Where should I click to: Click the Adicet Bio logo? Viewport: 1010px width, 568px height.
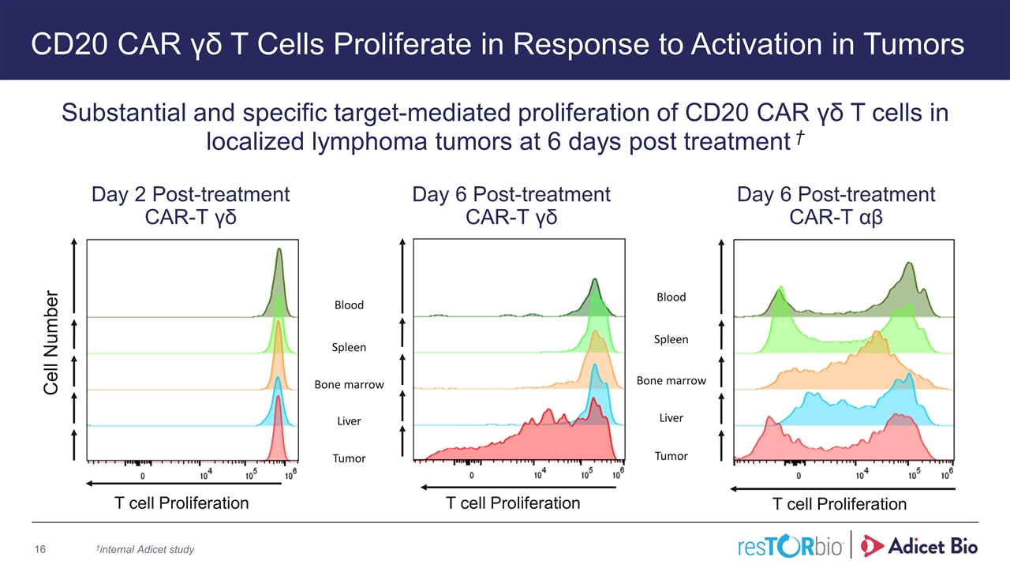[922, 545]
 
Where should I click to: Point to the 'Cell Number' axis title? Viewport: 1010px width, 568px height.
[51, 342]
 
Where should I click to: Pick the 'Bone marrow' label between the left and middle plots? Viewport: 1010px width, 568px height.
[349, 385]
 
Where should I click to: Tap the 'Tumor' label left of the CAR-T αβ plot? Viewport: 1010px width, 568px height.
[671, 456]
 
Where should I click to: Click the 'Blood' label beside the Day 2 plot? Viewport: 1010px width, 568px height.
[349, 305]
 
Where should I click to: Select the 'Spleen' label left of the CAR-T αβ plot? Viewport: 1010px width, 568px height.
[671, 340]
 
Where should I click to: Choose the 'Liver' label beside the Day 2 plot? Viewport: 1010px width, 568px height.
[349, 421]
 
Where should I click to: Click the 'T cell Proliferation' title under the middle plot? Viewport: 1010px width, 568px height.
[513, 503]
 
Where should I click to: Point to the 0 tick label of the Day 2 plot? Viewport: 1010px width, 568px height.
[143, 476]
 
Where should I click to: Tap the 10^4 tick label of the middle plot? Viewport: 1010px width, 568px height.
[540, 476]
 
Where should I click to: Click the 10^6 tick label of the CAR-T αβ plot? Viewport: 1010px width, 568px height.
[946, 475]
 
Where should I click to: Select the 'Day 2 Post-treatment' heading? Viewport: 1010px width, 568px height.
[191, 194]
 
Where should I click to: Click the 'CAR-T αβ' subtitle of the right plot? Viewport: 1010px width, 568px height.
[836, 216]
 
